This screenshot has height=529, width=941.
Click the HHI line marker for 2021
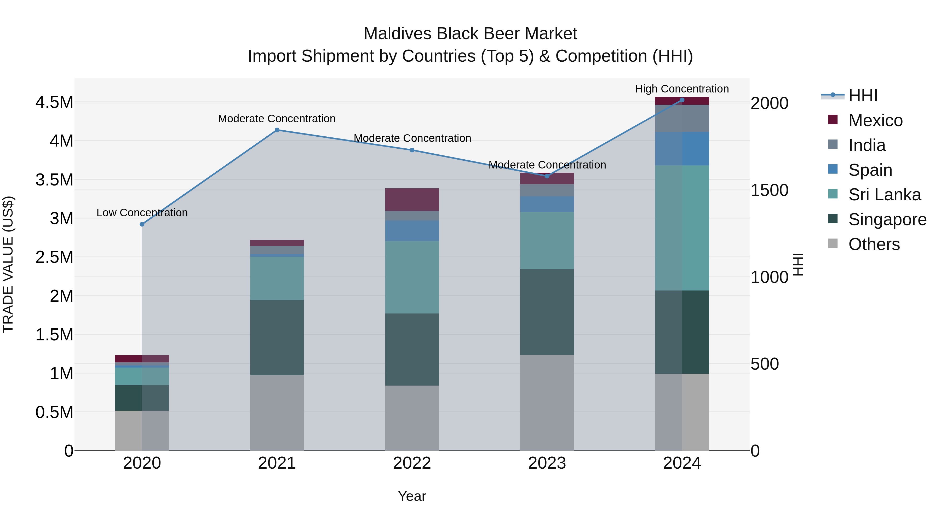[277, 130]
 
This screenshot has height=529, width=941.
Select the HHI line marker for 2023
[547, 176]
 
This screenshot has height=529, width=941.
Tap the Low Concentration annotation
[142, 212]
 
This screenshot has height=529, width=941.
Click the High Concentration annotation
[682, 89]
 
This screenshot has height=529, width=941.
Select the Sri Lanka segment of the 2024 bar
[682, 228]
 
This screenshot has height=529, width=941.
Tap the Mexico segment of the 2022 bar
[412, 199]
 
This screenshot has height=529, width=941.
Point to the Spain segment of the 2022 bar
[412, 231]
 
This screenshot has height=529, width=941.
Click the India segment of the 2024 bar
[682, 118]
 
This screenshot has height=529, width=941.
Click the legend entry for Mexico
[875, 120]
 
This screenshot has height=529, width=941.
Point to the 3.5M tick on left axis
[54, 180]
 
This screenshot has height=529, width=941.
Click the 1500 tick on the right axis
[769, 190]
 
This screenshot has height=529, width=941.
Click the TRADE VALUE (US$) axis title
[8, 264]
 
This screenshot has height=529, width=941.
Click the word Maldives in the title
[398, 34]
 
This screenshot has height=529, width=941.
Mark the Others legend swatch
[833, 243]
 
